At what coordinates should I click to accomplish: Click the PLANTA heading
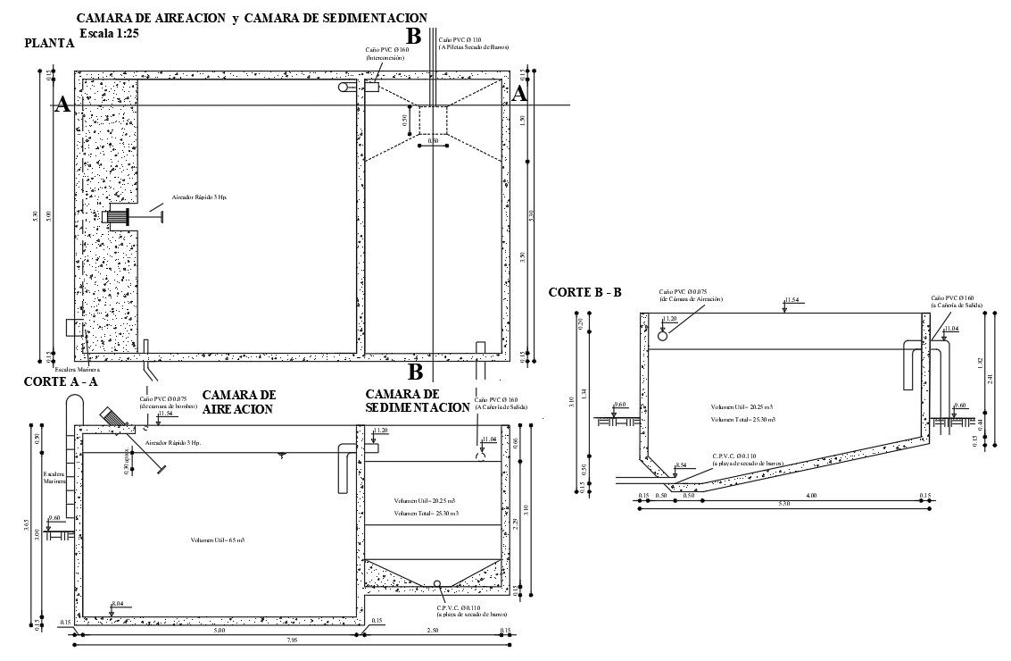tap(49, 43)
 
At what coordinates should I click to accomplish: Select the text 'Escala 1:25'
tap(108, 33)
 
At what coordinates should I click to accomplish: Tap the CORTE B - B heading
tap(584, 292)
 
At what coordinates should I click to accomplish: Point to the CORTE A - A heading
tap(61, 381)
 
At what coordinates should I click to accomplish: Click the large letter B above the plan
tap(413, 36)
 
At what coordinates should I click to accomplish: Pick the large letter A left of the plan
tap(62, 105)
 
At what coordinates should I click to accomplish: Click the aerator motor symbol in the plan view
tap(117, 216)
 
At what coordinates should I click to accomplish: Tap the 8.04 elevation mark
tap(117, 605)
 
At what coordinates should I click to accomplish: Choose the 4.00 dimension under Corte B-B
tap(810, 496)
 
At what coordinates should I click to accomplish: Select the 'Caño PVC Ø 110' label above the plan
tap(460, 40)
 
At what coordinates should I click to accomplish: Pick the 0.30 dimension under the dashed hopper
tap(433, 141)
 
